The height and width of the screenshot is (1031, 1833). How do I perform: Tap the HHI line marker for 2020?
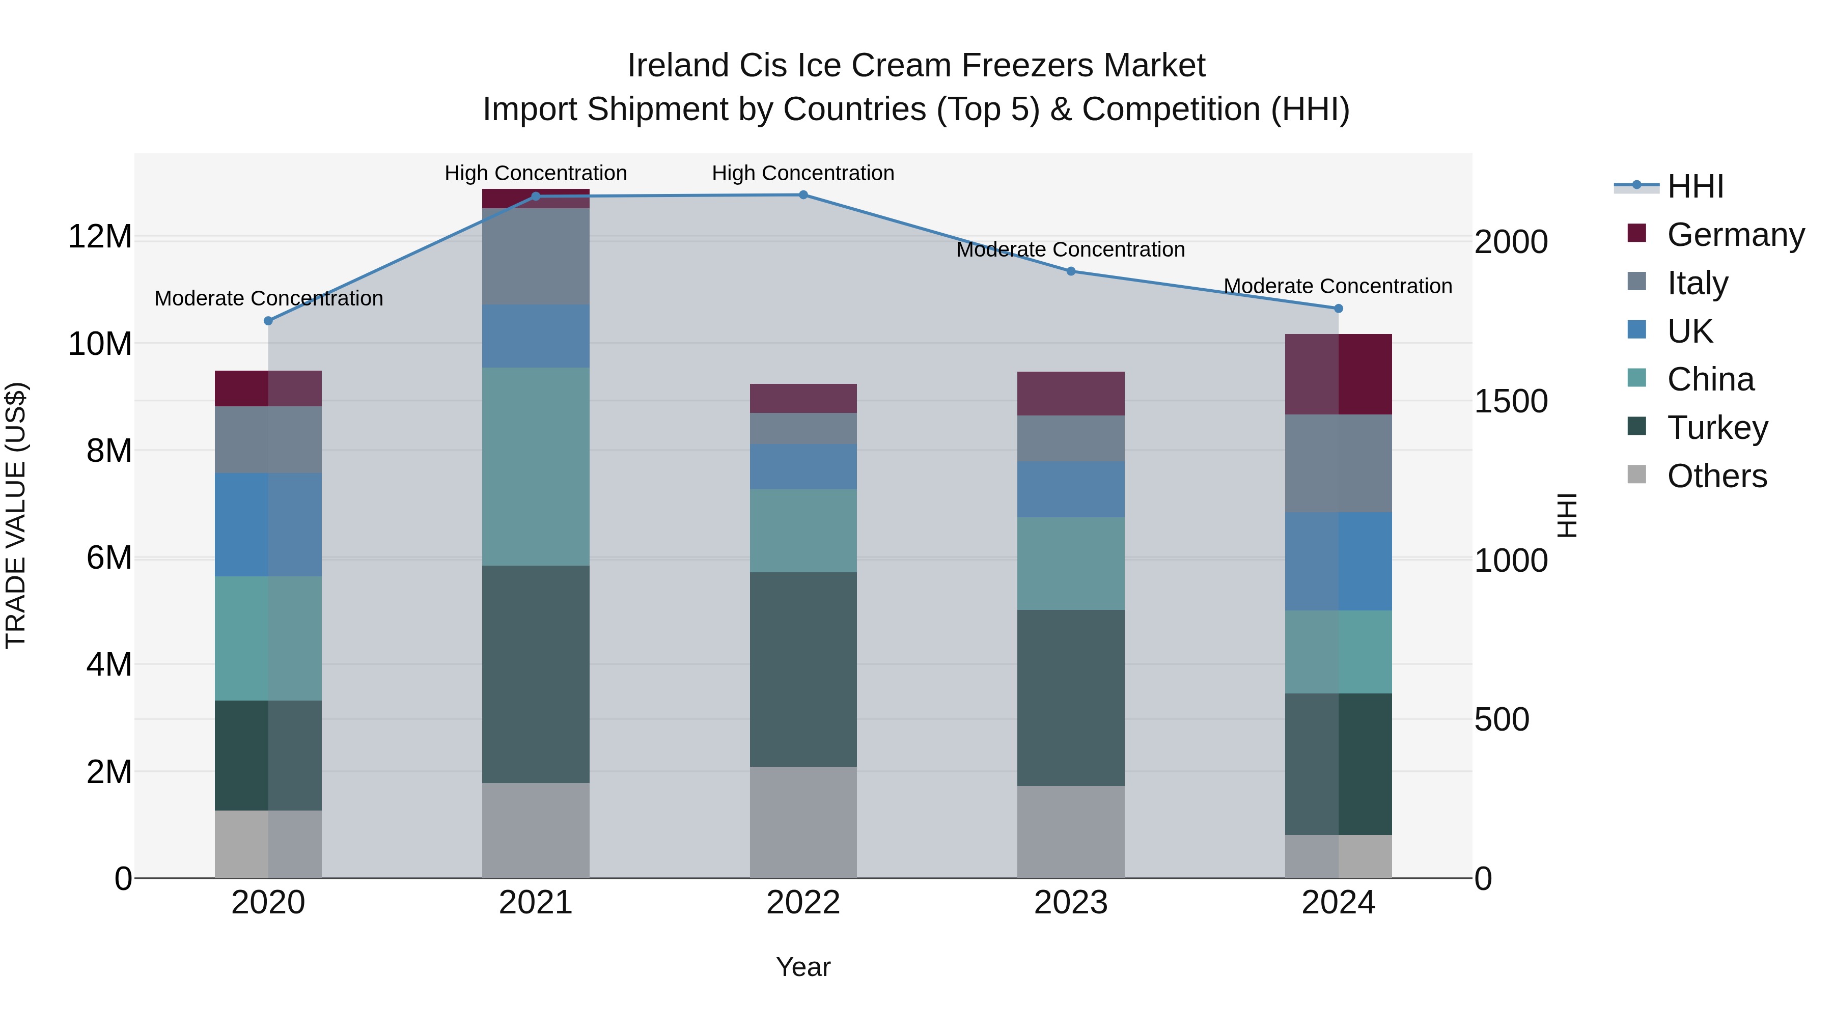pyautogui.click(x=268, y=321)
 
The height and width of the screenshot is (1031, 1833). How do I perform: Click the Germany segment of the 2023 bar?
pyautogui.click(x=1070, y=394)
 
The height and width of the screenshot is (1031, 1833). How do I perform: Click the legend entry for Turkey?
pyautogui.click(x=1717, y=428)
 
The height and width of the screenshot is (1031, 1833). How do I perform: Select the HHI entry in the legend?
pyautogui.click(x=1695, y=186)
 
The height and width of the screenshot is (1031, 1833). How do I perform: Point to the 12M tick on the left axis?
pyautogui.click(x=100, y=236)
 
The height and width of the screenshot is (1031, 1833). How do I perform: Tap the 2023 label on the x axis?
pyautogui.click(x=1070, y=903)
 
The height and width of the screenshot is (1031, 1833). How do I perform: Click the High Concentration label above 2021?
pyautogui.click(x=535, y=173)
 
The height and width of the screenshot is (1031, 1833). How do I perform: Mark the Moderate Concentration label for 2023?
pyautogui.click(x=1070, y=250)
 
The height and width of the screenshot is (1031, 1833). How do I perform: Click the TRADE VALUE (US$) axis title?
pyautogui.click(x=16, y=515)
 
